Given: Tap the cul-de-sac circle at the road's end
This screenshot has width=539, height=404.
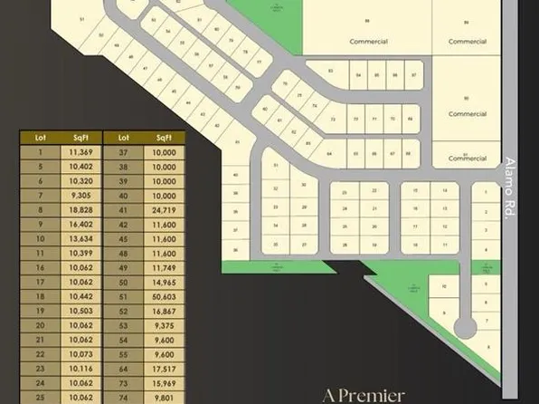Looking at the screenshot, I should click(465, 326).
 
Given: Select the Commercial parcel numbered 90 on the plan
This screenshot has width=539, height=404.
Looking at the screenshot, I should click(468, 106).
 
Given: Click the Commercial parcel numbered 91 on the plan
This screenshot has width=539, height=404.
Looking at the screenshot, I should click(468, 156).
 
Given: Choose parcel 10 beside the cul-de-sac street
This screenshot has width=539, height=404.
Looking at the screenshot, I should click(444, 287).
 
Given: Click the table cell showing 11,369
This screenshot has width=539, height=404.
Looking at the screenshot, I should click(80, 153).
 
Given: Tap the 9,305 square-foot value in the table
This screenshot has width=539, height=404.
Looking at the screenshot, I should click(80, 195).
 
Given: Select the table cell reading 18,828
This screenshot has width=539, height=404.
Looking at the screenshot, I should click(80, 209).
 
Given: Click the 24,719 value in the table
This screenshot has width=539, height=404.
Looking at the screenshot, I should click(164, 209).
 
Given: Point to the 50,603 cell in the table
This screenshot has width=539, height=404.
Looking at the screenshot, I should click(164, 295).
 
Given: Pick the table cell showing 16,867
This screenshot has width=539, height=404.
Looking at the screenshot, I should click(164, 310).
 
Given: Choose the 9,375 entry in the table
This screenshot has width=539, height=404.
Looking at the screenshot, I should click(164, 324).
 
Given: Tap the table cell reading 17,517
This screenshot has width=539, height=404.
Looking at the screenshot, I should click(164, 367).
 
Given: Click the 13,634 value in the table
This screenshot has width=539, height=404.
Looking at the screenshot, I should click(80, 238).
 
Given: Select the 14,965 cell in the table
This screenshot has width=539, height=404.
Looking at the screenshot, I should click(164, 282).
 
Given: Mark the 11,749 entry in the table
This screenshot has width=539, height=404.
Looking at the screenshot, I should click(164, 267).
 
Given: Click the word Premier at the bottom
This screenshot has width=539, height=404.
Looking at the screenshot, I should click(372, 395).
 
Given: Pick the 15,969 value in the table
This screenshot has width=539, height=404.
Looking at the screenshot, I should click(164, 381).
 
